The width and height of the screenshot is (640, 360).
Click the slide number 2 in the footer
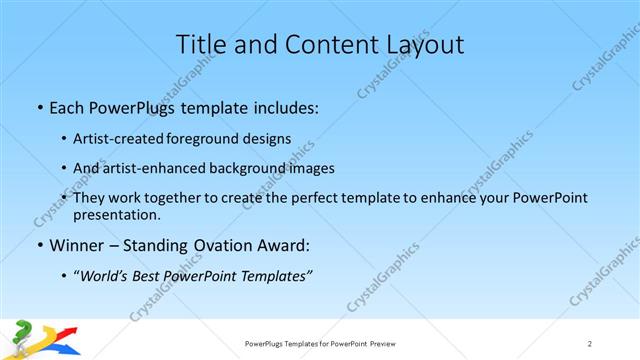pyautogui.click(x=590, y=343)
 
